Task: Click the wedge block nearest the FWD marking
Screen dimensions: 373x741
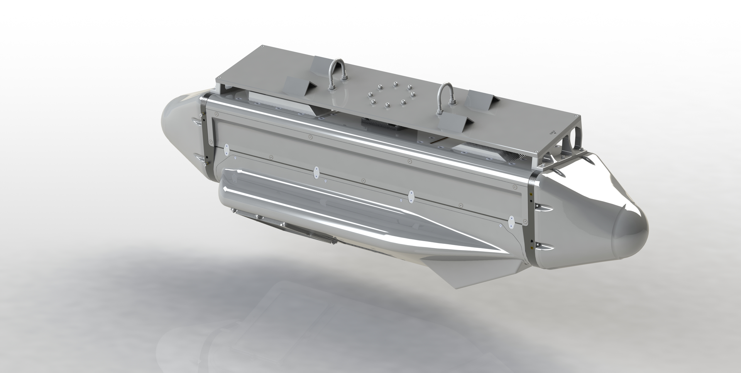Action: click(481, 99)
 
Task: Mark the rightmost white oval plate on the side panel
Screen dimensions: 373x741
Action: click(512, 222)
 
